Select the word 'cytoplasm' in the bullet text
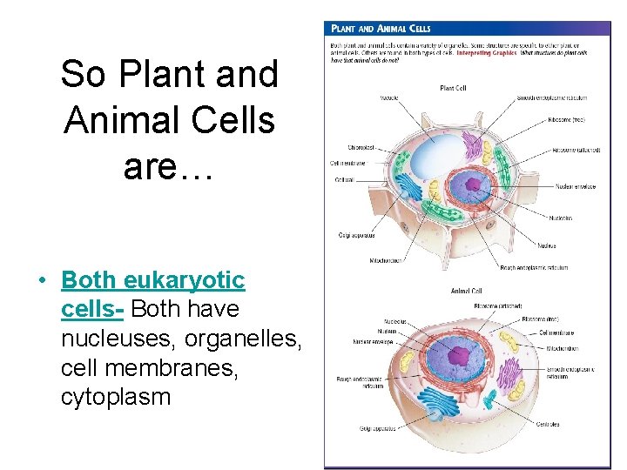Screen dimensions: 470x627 tap(116, 397)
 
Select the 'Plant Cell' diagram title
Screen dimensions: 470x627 tap(453, 88)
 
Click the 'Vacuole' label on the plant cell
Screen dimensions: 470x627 tap(389, 97)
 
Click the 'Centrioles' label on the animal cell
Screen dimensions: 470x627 tap(548, 425)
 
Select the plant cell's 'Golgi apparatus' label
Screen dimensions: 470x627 tap(356, 235)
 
